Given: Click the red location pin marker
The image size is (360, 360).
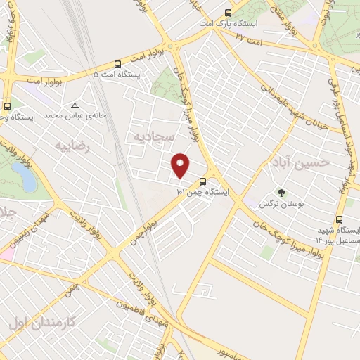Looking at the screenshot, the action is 181,165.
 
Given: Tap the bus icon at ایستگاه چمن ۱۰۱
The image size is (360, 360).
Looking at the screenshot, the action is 203,181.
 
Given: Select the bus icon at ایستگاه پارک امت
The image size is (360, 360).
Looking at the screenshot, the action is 227,13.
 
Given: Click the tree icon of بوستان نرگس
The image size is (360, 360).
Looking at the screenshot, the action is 282,193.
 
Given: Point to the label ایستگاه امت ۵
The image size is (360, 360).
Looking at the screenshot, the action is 117,74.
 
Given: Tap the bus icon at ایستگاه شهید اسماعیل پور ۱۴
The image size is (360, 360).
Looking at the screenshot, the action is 340,220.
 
